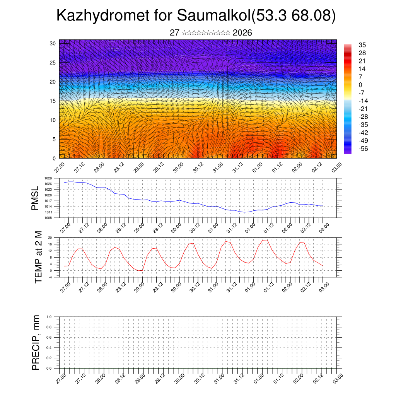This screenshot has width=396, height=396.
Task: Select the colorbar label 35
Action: tap(362, 45)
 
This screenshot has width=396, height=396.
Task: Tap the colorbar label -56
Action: tap(364, 148)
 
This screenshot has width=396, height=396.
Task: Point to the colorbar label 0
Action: tap(360, 85)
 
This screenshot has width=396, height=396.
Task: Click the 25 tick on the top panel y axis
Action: tap(53, 63)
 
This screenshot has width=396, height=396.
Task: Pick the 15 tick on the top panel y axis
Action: tap(53, 101)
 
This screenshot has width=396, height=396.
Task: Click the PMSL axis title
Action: tap(35, 198)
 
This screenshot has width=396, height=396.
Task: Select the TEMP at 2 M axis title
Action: tap(38, 257)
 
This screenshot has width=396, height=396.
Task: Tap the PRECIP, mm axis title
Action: tap(36, 342)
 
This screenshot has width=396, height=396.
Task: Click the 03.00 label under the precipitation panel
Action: tap(336, 378)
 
